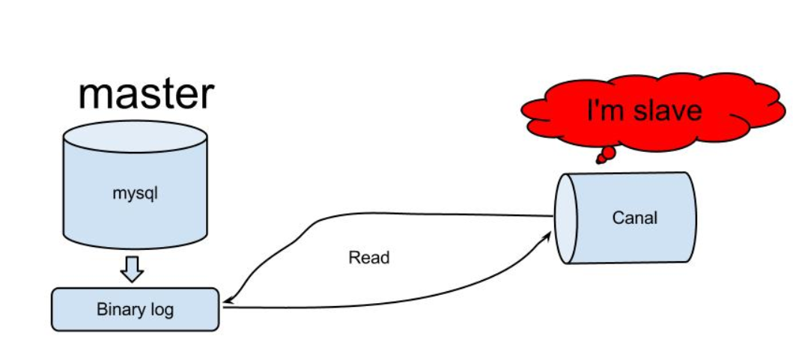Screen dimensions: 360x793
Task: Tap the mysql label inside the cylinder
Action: tap(136, 193)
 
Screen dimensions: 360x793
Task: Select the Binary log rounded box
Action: tap(135, 309)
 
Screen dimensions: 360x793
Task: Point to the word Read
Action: tap(369, 258)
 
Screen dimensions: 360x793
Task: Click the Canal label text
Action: tap(634, 218)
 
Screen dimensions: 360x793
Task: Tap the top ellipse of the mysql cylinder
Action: tap(135, 138)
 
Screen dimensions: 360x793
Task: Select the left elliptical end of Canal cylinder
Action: tap(565, 219)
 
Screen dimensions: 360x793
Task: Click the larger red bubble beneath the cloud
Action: tap(608, 153)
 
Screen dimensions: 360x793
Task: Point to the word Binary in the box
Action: tap(118, 309)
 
